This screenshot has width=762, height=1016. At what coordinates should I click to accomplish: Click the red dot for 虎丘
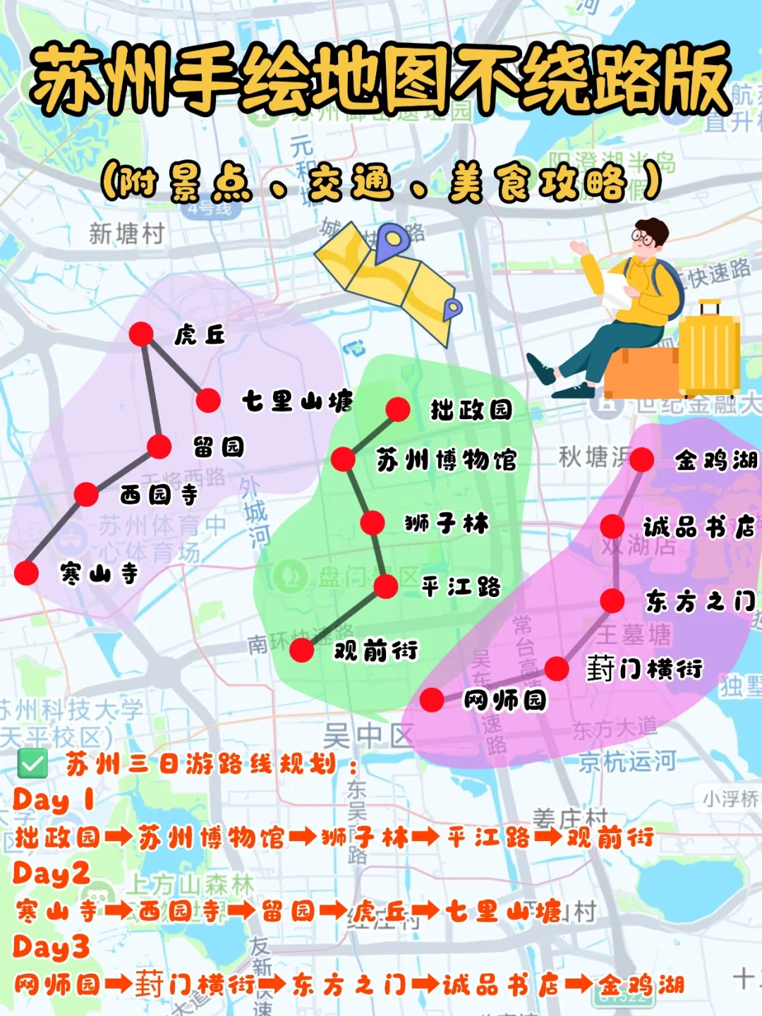(x=141, y=334)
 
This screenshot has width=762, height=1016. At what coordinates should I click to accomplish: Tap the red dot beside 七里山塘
(x=208, y=401)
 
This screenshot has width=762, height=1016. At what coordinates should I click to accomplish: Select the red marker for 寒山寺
(x=27, y=573)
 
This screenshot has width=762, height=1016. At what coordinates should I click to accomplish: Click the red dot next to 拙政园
(x=398, y=409)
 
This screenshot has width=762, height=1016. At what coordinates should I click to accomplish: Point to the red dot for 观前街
(x=302, y=650)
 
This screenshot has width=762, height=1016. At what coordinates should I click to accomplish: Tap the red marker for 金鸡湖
(x=641, y=459)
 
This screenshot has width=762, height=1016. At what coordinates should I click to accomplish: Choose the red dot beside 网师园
(x=432, y=700)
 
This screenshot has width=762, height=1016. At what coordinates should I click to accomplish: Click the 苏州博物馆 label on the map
(x=446, y=460)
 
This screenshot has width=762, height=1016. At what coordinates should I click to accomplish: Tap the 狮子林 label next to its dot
(x=447, y=524)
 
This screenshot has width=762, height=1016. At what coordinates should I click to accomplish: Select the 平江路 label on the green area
(x=461, y=586)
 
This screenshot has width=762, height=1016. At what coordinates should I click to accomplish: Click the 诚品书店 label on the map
(x=698, y=526)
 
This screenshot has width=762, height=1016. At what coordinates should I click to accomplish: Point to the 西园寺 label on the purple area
(x=159, y=495)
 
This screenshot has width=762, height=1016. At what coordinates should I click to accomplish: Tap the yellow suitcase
(x=708, y=349)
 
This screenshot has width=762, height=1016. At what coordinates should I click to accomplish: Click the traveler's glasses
(x=642, y=238)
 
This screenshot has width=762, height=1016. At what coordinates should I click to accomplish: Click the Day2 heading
(x=51, y=873)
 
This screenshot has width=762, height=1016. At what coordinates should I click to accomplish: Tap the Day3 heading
(x=51, y=947)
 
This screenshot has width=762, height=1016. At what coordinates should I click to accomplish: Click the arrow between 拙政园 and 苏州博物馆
(x=119, y=837)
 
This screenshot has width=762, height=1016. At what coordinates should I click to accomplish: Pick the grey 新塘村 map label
(x=126, y=233)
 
